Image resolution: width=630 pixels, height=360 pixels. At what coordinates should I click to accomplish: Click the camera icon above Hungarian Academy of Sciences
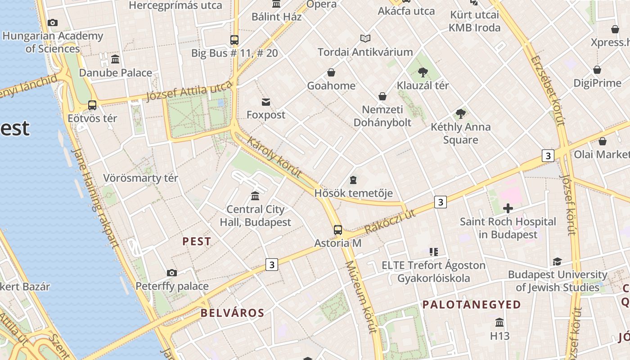(x=52, y=22)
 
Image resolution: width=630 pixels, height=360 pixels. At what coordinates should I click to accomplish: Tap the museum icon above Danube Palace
(x=115, y=59)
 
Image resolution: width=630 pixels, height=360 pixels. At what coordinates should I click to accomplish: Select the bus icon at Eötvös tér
(x=92, y=105)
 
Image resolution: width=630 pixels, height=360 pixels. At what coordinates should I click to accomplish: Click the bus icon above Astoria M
(x=338, y=230)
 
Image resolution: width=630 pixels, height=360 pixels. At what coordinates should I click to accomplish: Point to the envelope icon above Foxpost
(x=266, y=102)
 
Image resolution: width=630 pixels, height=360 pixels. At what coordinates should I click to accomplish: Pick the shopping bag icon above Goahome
(x=331, y=72)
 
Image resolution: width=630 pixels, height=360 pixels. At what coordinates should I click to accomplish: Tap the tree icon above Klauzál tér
(x=423, y=72)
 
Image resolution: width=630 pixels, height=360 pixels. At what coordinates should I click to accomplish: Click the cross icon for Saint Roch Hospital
(x=508, y=208)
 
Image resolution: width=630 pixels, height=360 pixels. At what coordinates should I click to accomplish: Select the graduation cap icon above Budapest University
(x=558, y=261)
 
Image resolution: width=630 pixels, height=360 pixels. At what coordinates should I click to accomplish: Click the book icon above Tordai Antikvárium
(x=365, y=39)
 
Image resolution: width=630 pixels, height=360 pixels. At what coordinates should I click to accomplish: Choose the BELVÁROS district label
(x=232, y=313)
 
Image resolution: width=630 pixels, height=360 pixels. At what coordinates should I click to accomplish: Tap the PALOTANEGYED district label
(x=471, y=305)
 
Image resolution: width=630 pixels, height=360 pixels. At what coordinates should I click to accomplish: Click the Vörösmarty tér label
(x=141, y=178)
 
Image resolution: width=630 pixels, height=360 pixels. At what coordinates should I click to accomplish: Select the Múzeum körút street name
(x=360, y=297)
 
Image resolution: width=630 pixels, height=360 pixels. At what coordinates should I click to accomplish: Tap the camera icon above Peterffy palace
(x=171, y=273)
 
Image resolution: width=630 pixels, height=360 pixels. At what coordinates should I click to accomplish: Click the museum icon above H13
(x=499, y=323)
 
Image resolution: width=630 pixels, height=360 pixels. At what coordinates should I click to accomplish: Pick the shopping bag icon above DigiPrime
(x=597, y=70)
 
